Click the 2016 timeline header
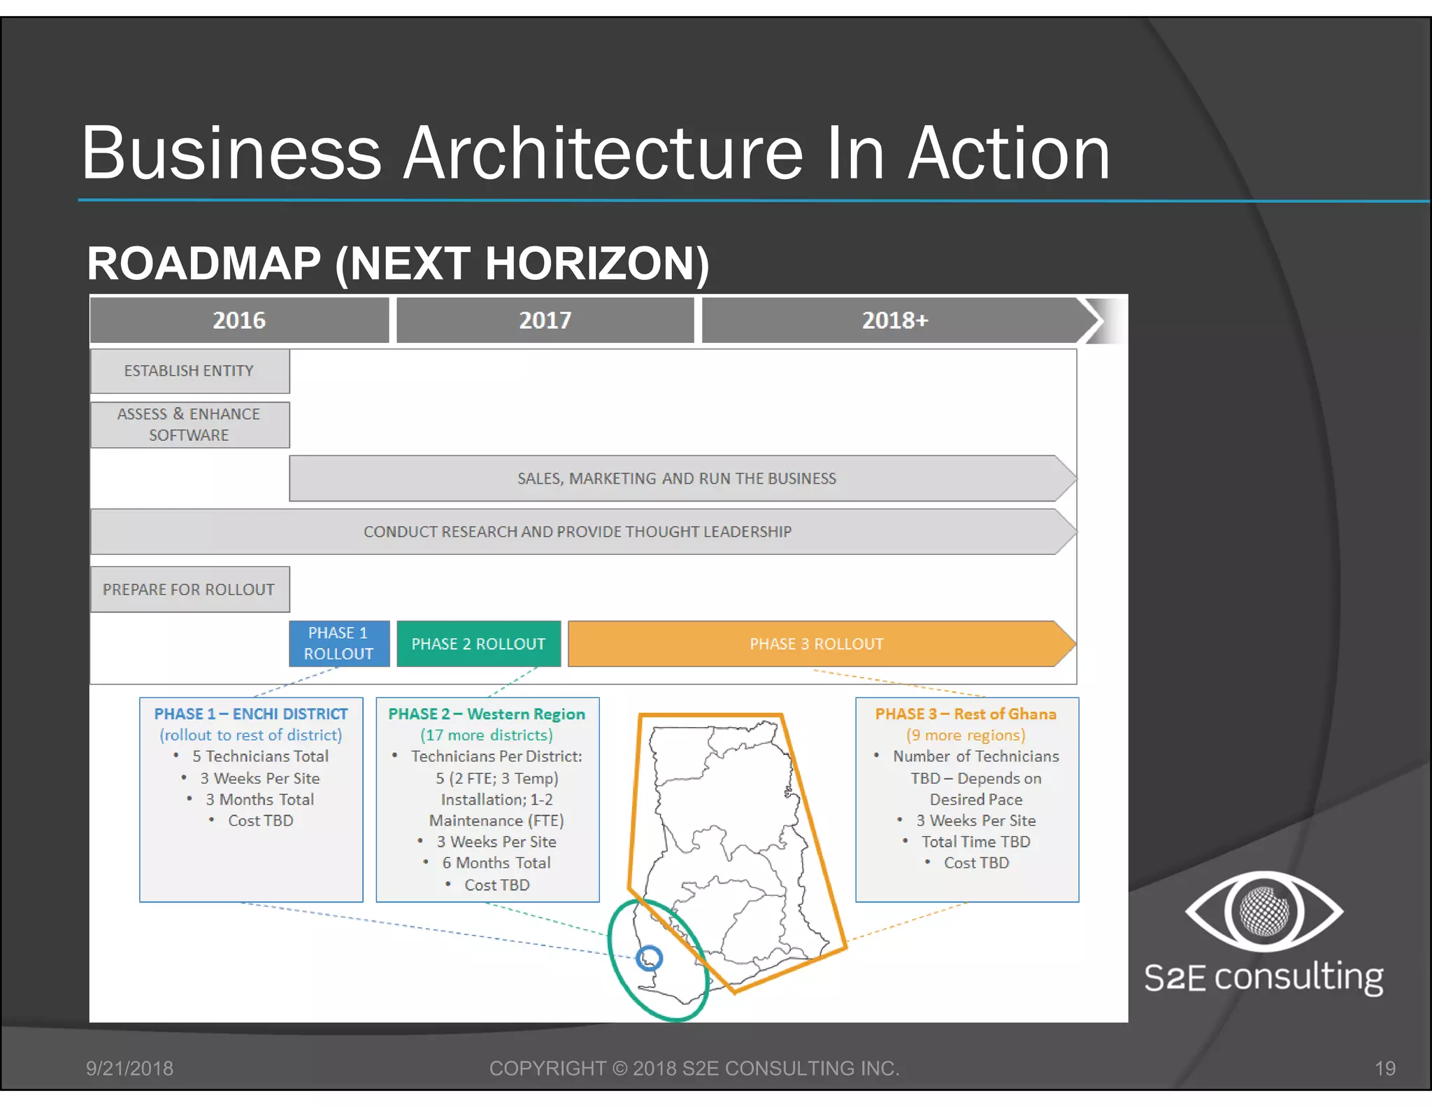coord(239,320)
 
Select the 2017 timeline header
coord(545,320)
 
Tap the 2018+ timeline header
coord(894,320)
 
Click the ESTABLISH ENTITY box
coord(189,371)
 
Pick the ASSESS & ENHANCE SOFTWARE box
coord(189,425)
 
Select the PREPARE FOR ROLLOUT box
coord(189,589)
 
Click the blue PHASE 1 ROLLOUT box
coord(339,644)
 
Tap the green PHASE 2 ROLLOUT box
coord(478,644)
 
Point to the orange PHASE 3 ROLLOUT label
coord(817,644)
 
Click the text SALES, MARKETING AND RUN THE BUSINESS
coord(676,479)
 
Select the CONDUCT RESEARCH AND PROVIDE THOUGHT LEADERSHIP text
coord(578,532)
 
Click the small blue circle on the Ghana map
coord(650,958)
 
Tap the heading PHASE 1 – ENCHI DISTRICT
coord(251,714)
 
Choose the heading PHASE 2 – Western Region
coord(487,714)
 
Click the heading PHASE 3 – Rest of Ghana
coord(966,714)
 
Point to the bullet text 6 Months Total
coord(496,863)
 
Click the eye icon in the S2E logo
coord(1263,911)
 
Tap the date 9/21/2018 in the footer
coord(129,1069)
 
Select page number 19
coord(1384,1069)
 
